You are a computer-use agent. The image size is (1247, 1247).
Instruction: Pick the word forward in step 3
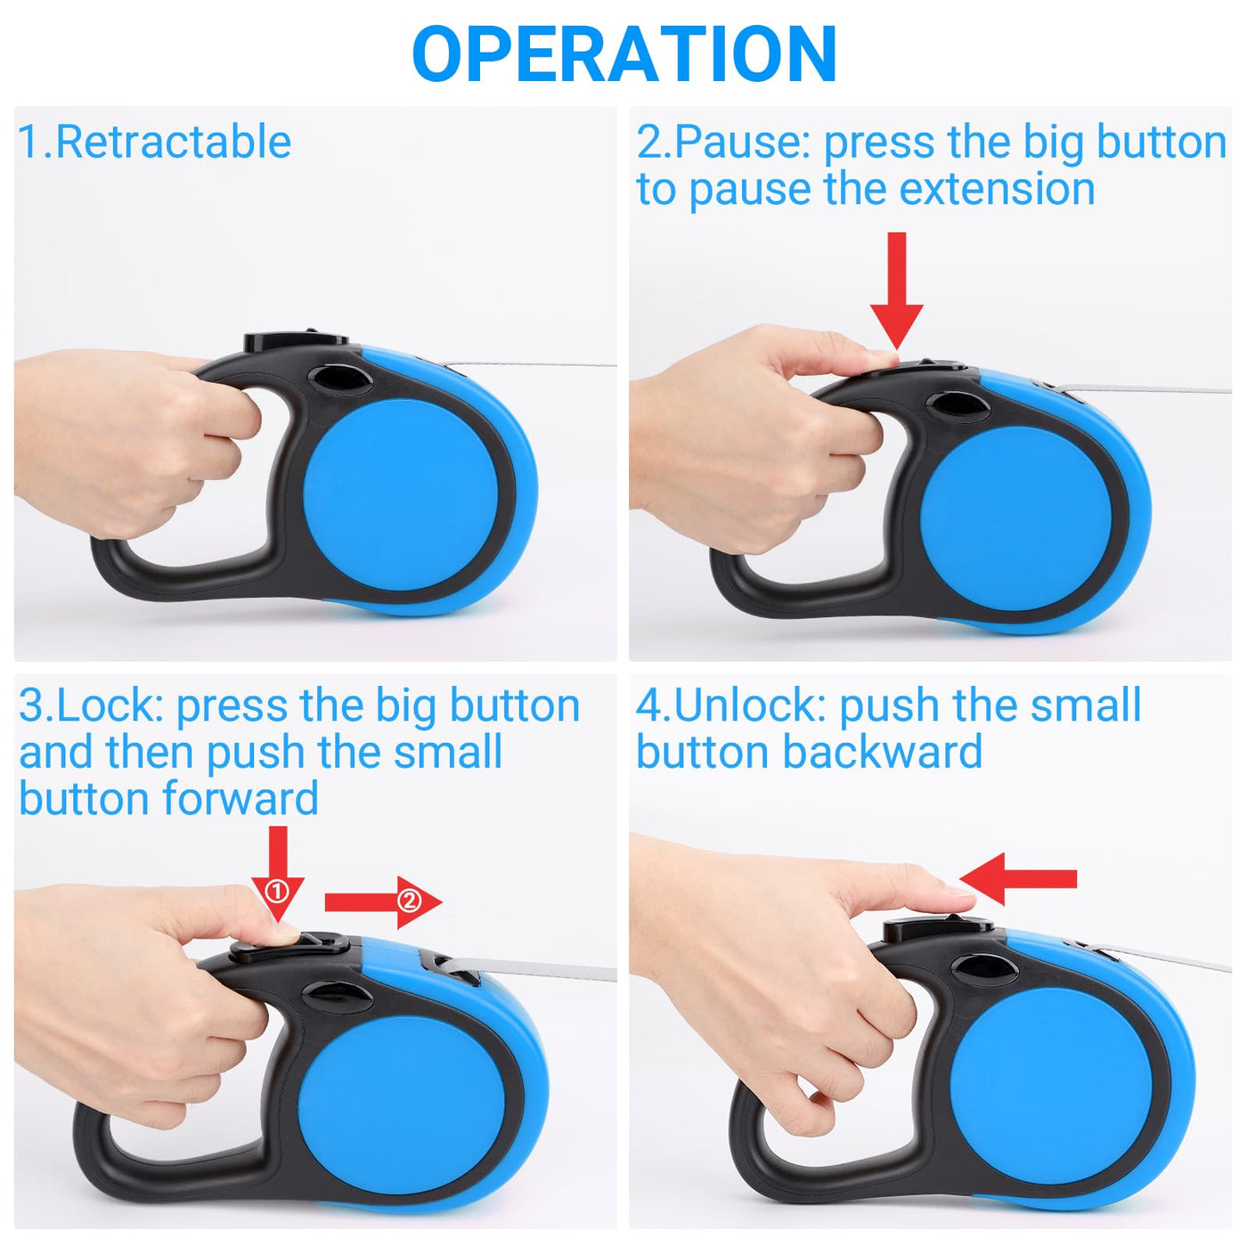[240, 798]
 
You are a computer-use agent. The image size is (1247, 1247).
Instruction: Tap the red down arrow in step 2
[896, 292]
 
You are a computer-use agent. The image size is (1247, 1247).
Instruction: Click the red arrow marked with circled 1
[278, 874]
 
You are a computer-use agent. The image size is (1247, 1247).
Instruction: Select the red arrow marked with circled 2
[383, 902]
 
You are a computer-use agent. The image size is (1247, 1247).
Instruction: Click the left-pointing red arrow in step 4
[1018, 879]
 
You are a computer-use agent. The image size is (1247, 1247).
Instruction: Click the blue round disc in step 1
[401, 495]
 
